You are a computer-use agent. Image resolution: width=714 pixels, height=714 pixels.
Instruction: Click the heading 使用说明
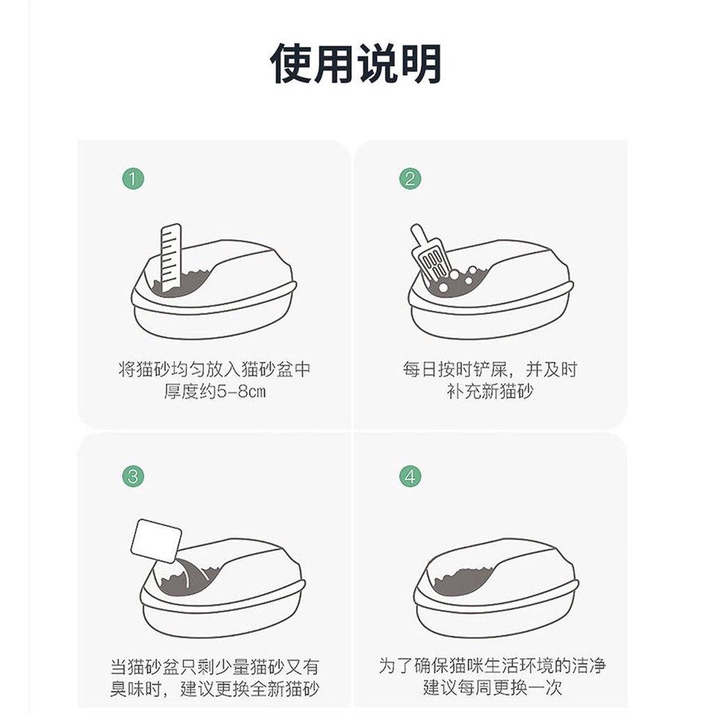click(356, 63)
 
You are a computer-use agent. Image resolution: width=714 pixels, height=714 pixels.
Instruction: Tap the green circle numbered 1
click(133, 178)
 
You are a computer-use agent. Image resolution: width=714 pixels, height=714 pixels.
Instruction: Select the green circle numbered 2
click(410, 178)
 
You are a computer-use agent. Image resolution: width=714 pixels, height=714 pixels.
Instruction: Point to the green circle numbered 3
click(133, 477)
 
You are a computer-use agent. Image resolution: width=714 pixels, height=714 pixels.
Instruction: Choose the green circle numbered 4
click(410, 477)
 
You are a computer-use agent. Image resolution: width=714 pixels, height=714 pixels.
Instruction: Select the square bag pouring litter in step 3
click(155, 541)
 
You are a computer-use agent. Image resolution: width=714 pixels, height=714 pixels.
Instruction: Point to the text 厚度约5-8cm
click(215, 391)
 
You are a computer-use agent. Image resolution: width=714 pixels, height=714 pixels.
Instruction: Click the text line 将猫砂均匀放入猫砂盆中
click(215, 369)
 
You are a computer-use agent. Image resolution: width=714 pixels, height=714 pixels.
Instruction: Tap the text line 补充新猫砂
click(490, 391)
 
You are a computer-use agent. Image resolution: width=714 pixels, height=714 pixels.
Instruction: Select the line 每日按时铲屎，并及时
click(490, 369)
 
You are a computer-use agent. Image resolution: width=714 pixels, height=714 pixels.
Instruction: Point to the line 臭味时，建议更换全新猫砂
click(215, 689)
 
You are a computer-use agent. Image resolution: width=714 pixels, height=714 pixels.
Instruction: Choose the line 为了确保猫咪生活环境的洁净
click(492, 666)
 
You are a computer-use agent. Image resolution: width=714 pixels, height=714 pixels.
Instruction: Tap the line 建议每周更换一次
click(492, 688)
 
